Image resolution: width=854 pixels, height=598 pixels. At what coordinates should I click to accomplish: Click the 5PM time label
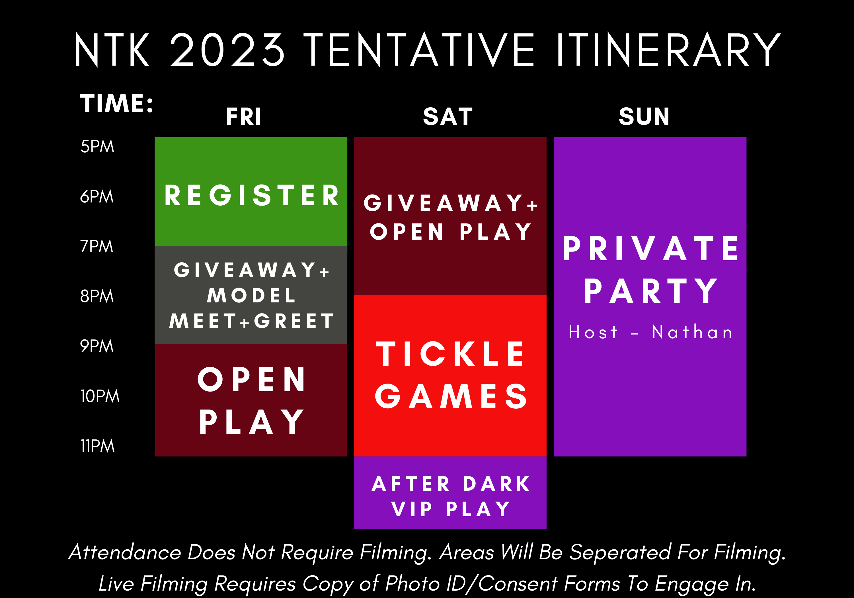(x=97, y=147)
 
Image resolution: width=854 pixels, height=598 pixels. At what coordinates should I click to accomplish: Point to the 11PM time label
(x=97, y=446)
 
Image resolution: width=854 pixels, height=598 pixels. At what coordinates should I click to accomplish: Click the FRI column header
(x=244, y=116)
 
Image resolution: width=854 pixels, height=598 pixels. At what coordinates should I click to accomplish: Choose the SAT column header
(x=448, y=116)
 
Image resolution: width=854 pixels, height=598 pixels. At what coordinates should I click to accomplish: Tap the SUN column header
(x=644, y=116)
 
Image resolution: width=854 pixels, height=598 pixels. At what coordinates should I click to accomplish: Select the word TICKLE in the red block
(x=450, y=354)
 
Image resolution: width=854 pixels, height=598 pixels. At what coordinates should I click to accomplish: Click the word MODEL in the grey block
(x=251, y=296)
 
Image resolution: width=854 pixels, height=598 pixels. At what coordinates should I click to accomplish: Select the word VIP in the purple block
(x=412, y=509)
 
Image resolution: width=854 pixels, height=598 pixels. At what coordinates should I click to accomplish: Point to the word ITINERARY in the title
(x=668, y=50)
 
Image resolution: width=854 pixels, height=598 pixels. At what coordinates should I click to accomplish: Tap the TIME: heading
(x=116, y=103)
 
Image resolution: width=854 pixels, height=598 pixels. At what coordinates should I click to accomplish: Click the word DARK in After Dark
(x=496, y=484)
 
